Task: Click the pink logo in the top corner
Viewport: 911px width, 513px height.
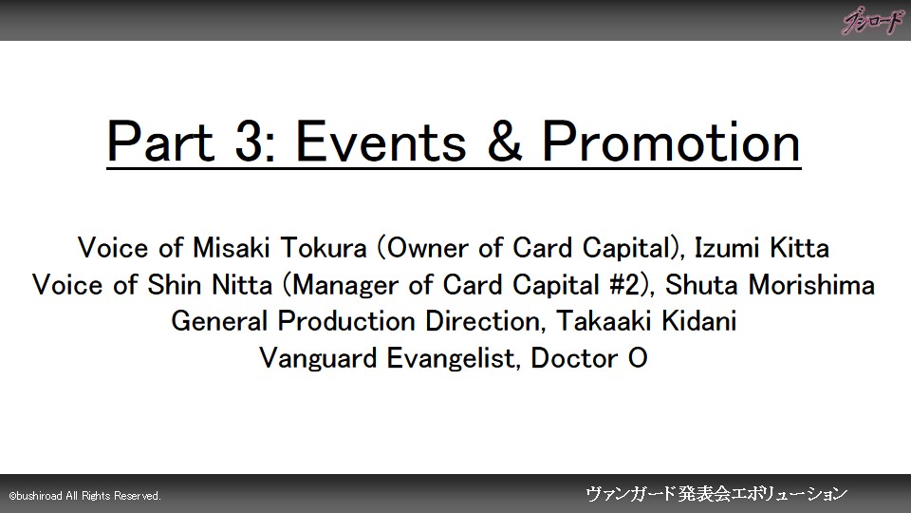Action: click(x=873, y=22)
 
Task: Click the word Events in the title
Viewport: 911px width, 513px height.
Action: click(x=381, y=142)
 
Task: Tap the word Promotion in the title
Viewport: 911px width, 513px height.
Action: click(x=671, y=142)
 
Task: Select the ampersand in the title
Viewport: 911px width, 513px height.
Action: click(x=504, y=142)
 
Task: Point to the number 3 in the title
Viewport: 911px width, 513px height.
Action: click(x=249, y=142)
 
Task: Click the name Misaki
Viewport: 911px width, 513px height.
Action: click(x=232, y=248)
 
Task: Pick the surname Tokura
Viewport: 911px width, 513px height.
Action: click(x=324, y=248)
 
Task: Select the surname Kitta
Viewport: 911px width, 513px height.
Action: click(x=799, y=248)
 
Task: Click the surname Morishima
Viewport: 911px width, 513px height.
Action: click(x=811, y=285)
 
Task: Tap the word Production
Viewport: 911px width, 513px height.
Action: click(x=346, y=321)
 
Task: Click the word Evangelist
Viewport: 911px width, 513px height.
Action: click(x=451, y=358)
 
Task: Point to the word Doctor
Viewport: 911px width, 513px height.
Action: click(x=574, y=358)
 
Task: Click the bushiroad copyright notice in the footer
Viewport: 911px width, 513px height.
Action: click(x=84, y=496)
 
